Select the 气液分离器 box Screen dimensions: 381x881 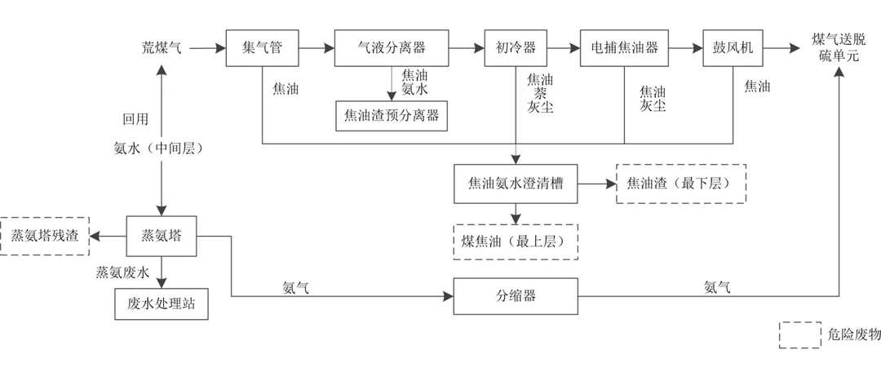pyautogui.click(x=392, y=48)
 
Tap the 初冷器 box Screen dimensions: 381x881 pyautogui.click(x=516, y=48)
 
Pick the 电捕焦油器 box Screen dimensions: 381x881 pyautogui.click(x=624, y=48)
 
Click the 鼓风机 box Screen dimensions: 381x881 pyautogui.click(x=733, y=48)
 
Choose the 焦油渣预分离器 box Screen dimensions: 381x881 pyautogui.click(x=392, y=115)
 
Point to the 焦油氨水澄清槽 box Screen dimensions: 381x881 pyautogui.click(x=516, y=183)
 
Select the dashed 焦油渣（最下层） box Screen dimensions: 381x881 pyautogui.click(x=680, y=183)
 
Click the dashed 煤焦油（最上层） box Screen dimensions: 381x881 pyautogui.click(x=515, y=241)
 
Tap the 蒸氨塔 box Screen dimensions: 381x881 pyautogui.click(x=162, y=236)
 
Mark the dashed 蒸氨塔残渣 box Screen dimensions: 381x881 pyautogui.click(x=44, y=236)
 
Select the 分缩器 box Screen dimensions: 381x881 pyautogui.click(x=516, y=295)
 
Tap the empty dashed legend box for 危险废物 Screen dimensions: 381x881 pyautogui.click(x=799, y=335)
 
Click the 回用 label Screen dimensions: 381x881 pyautogui.click(x=135, y=119)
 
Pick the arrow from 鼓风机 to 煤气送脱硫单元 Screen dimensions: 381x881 pyautogui.click(x=782, y=48)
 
